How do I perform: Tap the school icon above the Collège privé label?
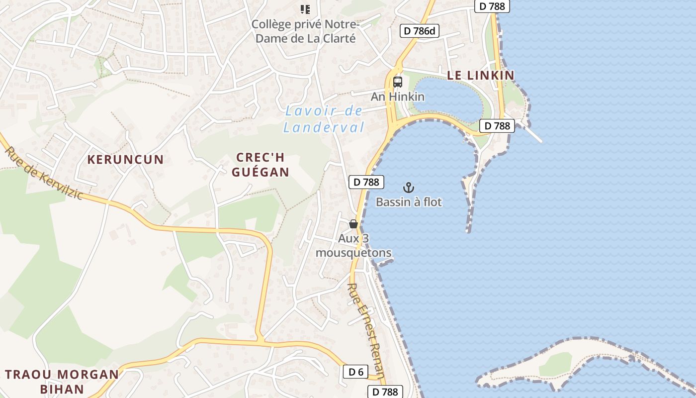pos(305,9)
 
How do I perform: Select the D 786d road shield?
pos(420,31)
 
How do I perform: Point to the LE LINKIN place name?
pos(480,75)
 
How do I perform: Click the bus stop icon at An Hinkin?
pos(397,82)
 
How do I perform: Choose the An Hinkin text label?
pos(397,97)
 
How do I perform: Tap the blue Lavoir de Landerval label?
pos(324,119)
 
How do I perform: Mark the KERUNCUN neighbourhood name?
pos(126,160)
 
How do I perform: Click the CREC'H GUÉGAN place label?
pos(260,165)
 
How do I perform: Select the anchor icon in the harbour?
pos(408,188)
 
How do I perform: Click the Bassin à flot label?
pos(409,202)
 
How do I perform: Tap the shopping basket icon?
pos(353,224)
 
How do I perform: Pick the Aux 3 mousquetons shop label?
pos(353,246)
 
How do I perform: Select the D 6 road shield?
pos(355,372)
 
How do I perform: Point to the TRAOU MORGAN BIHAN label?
pos(62,381)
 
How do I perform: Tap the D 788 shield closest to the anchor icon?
pos(366,182)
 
